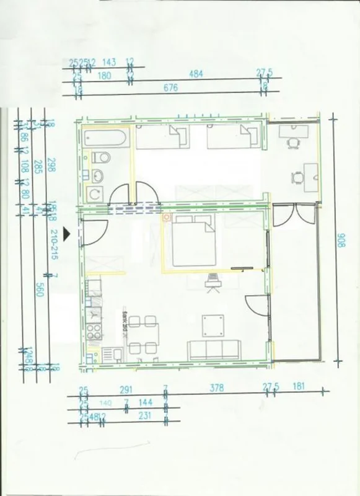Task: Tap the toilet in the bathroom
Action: tap(100, 158)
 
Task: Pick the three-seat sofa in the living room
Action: tap(214, 350)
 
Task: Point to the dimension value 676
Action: tap(171, 88)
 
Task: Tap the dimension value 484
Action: tap(196, 74)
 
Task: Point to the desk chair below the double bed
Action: tap(213, 281)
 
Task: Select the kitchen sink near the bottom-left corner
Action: tap(113, 355)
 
